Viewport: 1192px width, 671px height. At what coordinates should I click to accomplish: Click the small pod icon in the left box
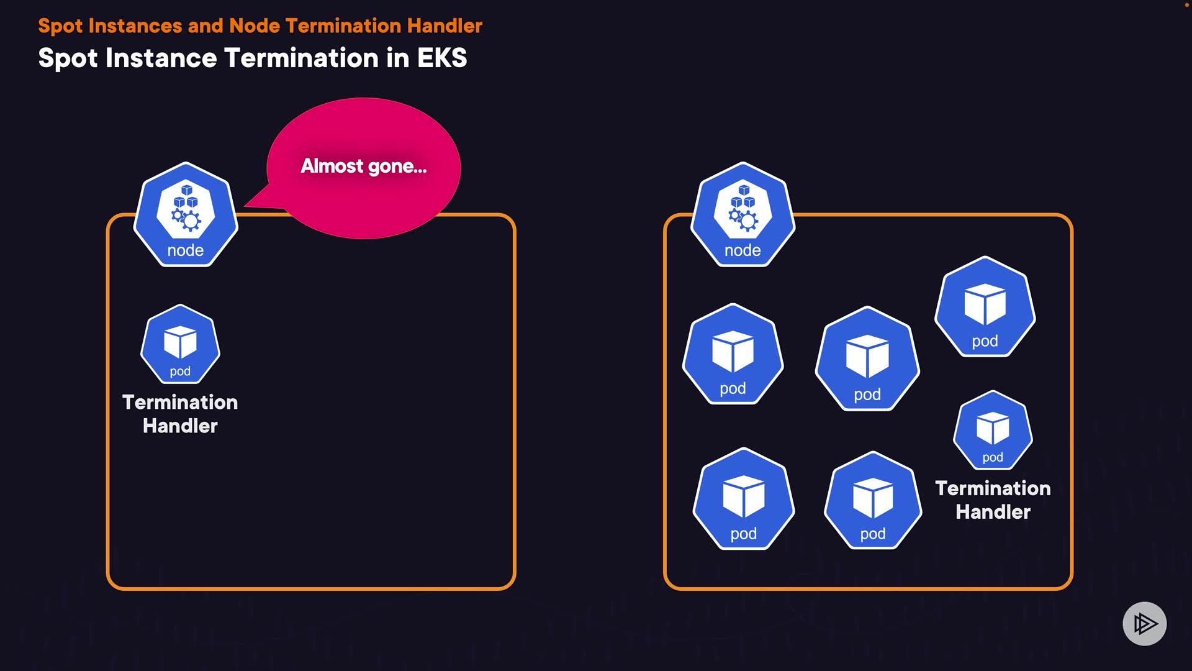180,344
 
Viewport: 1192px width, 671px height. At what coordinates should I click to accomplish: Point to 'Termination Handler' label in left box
180,414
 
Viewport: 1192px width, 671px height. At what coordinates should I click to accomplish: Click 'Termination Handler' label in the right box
993,500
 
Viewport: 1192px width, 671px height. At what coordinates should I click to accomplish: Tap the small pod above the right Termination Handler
993,430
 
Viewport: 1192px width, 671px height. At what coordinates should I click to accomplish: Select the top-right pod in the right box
985,307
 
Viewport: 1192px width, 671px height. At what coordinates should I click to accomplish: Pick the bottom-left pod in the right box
743,499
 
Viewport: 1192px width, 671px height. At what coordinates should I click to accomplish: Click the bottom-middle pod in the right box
873,501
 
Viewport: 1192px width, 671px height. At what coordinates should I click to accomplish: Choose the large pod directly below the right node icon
733,354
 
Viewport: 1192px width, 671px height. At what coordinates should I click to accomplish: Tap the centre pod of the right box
867,359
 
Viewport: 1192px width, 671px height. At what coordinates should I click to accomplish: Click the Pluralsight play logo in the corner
1144,623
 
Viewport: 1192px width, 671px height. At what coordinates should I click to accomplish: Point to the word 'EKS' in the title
441,58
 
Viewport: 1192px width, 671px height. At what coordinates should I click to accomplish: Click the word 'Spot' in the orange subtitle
60,26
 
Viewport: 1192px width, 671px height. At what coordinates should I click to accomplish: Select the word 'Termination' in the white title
301,58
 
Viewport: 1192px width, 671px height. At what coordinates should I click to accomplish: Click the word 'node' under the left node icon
185,250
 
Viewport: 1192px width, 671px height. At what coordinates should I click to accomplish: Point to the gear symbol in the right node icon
748,221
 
